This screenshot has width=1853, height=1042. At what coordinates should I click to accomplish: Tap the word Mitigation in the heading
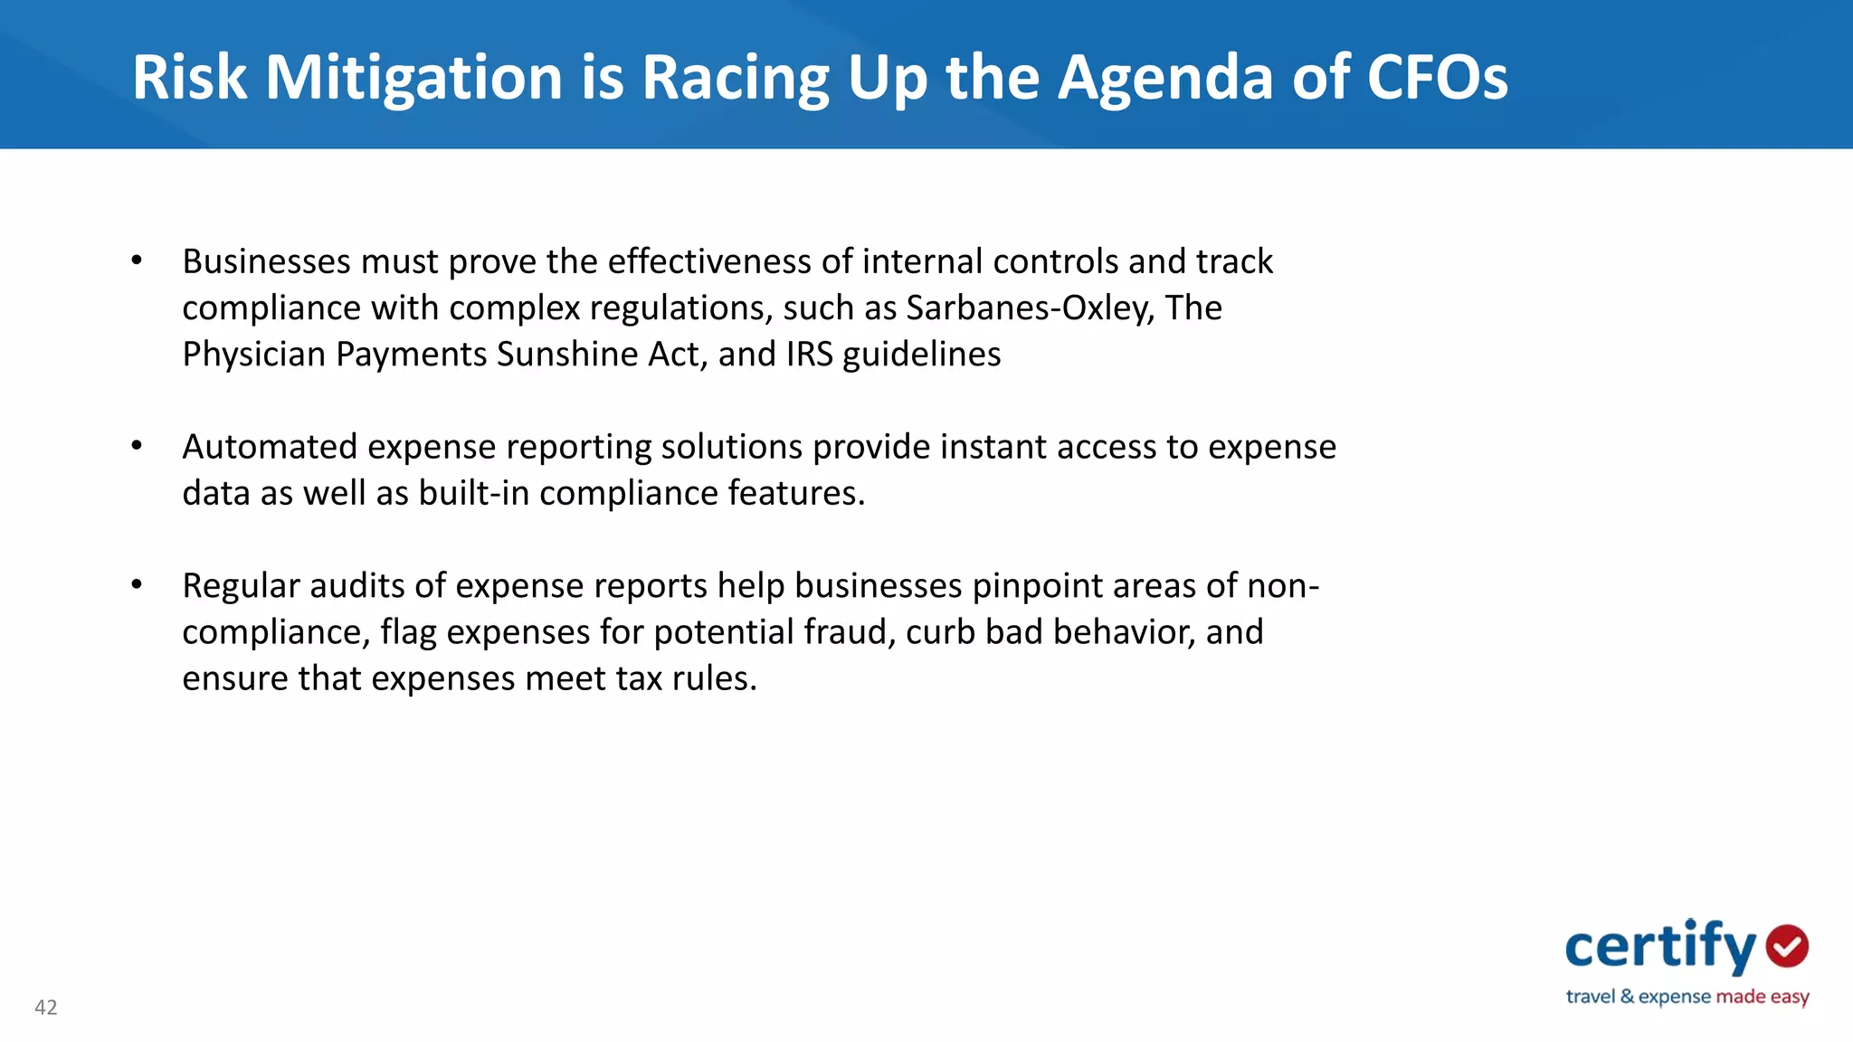(x=414, y=79)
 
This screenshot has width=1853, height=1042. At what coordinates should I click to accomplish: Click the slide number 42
(x=46, y=1007)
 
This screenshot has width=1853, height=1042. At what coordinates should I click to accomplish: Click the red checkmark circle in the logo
(x=1787, y=947)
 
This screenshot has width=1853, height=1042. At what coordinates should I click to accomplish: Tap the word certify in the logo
(x=1659, y=947)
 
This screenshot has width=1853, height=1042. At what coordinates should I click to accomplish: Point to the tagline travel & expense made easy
(x=1687, y=997)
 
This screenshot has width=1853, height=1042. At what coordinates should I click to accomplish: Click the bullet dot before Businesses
(x=137, y=260)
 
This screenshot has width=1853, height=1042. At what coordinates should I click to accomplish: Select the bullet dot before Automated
(x=137, y=446)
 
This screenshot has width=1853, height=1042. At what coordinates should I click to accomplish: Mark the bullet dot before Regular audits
(x=137, y=585)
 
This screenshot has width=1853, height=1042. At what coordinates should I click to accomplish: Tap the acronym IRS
(x=809, y=354)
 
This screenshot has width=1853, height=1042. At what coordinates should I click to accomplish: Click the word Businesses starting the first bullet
(x=266, y=261)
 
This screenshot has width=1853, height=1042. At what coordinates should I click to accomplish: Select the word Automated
(x=270, y=447)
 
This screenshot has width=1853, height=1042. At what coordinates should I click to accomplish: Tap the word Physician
(x=253, y=355)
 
